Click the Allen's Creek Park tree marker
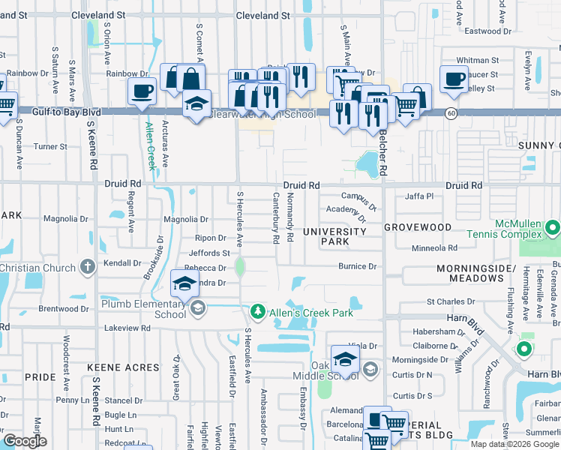click(x=257, y=310)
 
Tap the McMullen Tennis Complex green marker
click(x=553, y=226)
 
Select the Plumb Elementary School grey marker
click(x=198, y=309)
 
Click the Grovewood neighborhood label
click(x=418, y=226)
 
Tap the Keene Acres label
click(x=123, y=367)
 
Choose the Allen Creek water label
click(x=150, y=146)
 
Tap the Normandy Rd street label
click(x=289, y=217)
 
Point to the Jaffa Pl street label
click(x=419, y=196)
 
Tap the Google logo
click(x=25, y=441)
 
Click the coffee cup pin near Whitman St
click(x=455, y=79)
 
